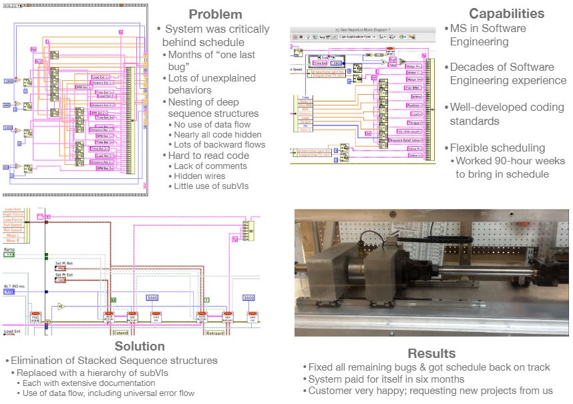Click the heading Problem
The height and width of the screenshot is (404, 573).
tap(214, 14)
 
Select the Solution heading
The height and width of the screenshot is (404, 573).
tap(140, 346)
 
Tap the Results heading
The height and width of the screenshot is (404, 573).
tap(431, 353)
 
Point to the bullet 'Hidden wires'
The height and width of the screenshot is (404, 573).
tap(200, 176)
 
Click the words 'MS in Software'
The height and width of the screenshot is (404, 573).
tap(488, 28)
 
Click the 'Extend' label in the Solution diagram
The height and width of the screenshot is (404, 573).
tap(121, 331)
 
